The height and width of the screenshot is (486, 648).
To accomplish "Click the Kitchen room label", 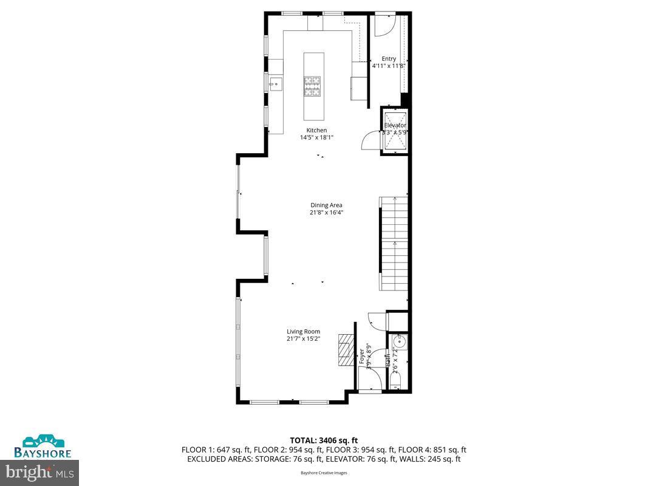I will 316,130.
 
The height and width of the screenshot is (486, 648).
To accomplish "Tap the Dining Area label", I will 326,205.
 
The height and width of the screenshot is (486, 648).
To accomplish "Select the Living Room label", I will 303,332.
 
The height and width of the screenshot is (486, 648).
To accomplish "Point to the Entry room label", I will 389,59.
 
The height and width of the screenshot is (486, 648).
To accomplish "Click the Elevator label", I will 395,125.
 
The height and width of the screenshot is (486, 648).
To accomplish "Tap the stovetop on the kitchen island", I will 312,86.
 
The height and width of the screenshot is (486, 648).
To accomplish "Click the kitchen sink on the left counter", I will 274,83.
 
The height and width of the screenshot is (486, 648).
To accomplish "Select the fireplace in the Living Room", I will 345,351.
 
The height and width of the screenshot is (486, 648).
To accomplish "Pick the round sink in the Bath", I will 399,343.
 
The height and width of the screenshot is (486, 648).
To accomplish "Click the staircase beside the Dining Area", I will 394,244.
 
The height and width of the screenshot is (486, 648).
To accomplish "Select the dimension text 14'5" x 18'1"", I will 316,137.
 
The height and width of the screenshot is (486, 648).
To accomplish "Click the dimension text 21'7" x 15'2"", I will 303,339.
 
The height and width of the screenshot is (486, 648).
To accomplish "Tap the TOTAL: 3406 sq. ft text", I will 324,440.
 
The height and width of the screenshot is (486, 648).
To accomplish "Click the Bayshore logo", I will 43,446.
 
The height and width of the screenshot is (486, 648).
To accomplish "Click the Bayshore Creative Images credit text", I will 324,473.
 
